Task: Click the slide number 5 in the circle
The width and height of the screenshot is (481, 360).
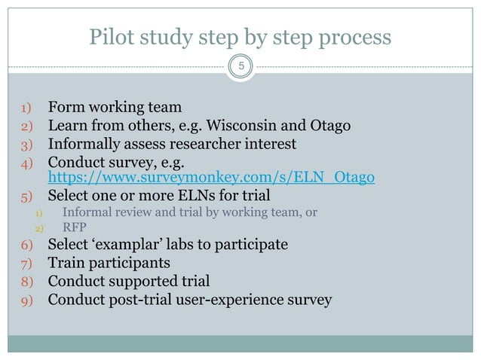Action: coord(240,67)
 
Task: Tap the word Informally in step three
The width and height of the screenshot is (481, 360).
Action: coord(83,143)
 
